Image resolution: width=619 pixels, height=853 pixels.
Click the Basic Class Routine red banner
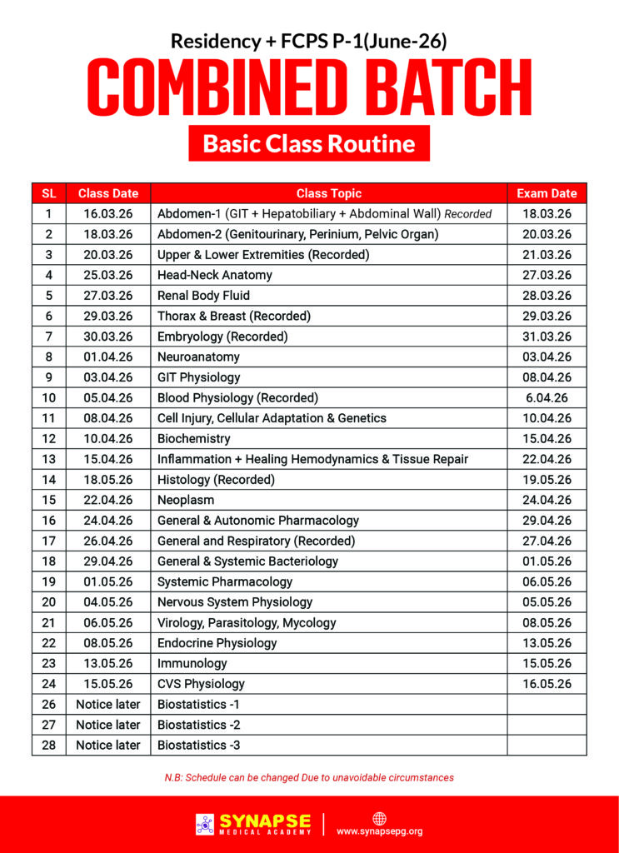click(x=309, y=143)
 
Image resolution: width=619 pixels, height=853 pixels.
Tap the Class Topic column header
click(x=328, y=193)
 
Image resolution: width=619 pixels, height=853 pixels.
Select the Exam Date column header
click(x=547, y=193)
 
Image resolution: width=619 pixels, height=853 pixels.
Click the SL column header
click(x=49, y=193)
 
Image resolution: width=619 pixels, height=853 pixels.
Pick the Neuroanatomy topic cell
click(x=198, y=357)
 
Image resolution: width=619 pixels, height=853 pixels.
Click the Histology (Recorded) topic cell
click(x=216, y=479)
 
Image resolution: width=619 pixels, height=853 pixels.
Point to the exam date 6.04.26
click(x=547, y=397)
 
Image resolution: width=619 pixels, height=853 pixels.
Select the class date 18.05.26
click(x=107, y=479)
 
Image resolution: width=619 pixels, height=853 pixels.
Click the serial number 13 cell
click(x=49, y=459)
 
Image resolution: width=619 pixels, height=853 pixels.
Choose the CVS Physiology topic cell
click(x=201, y=684)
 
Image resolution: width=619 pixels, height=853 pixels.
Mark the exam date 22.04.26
click(x=547, y=459)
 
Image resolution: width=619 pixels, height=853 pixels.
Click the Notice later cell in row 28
click(x=107, y=745)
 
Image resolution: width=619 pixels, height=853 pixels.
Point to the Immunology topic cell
click(x=192, y=663)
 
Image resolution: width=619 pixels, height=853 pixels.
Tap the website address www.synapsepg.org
click(x=379, y=831)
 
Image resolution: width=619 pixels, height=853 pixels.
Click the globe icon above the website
click(x=379, y=817)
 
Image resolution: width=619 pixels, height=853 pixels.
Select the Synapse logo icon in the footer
click(x=205, y=824)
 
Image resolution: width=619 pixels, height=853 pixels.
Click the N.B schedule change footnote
click(x=309, y=777)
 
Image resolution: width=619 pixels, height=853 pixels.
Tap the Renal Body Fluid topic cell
click(x=203, y=295)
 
